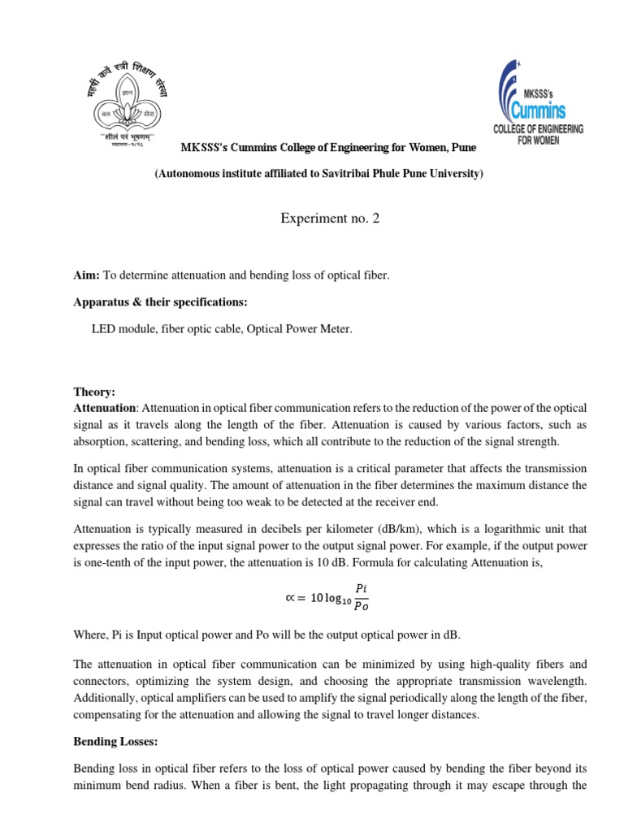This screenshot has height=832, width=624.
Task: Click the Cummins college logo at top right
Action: [538, 101]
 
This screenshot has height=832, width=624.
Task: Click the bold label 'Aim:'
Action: [85, 276]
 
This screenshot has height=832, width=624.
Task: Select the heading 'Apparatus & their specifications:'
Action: [160, 302]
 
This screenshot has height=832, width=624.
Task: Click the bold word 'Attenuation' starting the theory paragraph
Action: [104, 407]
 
